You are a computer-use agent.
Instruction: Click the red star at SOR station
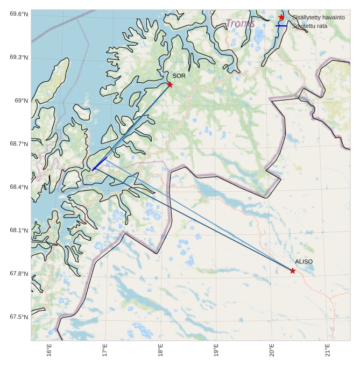tap(170, 84)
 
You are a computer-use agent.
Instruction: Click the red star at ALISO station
tap(292, 271)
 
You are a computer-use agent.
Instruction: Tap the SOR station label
tap(179, 76)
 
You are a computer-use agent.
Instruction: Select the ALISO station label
tap(303, 262)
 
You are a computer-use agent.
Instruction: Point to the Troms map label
tap(240, 24)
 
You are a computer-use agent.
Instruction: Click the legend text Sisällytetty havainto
tap(318, 18)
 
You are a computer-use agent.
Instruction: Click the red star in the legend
tap(281, 18)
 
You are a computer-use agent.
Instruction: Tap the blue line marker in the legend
tap(281, 26)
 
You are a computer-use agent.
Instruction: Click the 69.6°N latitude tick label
tap(18, 14)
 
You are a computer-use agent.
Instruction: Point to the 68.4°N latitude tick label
tap(18, 187)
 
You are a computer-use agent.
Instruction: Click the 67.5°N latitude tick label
tap(18, 317)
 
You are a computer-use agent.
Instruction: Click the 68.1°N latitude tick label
tap(18, 231)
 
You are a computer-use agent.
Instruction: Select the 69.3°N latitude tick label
tap(18, 58)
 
